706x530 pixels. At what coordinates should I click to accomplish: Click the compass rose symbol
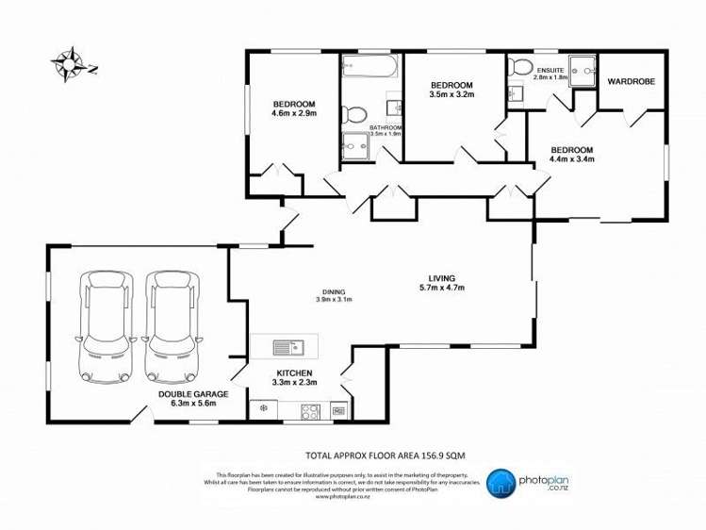pos(68,64)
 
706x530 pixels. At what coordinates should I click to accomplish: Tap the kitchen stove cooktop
pos(308,410)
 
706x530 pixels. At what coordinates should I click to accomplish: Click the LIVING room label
pos(441,283)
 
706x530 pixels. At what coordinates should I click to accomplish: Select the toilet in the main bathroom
pos(354,115)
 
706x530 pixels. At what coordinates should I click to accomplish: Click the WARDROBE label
pos(632,81)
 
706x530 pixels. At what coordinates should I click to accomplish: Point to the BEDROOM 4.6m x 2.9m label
pos(294,108)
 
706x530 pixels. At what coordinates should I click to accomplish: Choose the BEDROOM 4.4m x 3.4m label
pos(571,155)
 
